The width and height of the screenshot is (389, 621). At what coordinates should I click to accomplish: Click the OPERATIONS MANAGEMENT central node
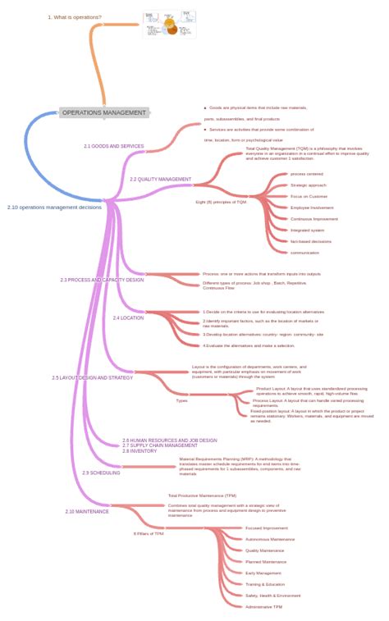pyautogui.click(x=104, y=112)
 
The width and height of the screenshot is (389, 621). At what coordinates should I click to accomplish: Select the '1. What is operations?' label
pyautogui.click(x=75, y=17)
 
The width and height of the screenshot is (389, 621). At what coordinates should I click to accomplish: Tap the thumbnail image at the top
pyautogui.click(x=170, y=25)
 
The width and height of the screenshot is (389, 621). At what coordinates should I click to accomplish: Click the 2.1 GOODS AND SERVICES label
pyautogui.click(x=113, y=146)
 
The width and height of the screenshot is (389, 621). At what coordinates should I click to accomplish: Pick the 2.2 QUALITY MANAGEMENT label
pyautogui.click(x=160, y=179)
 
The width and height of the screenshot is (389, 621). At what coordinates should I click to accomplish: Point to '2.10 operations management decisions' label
pyautogui.click(x=55, y=208)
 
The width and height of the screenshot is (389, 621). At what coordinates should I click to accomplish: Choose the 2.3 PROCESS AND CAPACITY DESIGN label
pyautogui.click(x=102, y=280)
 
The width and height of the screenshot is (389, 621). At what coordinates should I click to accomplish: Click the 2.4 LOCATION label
pyautogui.click(x=128, y=317)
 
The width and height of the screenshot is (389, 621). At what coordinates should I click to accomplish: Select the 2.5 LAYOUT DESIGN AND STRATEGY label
pyautogui.click(x=92, y=378)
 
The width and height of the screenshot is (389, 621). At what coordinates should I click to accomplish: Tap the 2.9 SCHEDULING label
pyautogui.click(x=101, y=473)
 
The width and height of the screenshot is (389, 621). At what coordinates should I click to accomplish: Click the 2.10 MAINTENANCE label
pyautogui.click(x=87, y=511)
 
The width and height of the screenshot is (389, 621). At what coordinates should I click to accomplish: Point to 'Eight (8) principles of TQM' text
pyautogui.click(x=221, y=201)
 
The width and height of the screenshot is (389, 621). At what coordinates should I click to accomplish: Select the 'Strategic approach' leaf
pyautogui.click(x=309, y=185)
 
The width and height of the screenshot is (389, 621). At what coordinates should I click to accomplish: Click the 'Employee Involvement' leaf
pyautogui.click(x=312, y=208)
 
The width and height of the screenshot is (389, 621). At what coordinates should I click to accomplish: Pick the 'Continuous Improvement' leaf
pyautogui.click(x=313, y=219)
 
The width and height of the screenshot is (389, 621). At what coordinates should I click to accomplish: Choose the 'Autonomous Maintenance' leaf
pyautogui.click(x=270, y=539)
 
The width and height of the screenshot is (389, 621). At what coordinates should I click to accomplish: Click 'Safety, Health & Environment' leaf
pyautogui.click(x=273, y=596)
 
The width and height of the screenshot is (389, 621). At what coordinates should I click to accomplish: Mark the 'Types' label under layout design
pyautogui.click(x=181, y=400)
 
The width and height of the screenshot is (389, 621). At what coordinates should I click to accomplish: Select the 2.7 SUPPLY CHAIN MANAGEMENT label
pyautogui.click(x=160, y=445)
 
